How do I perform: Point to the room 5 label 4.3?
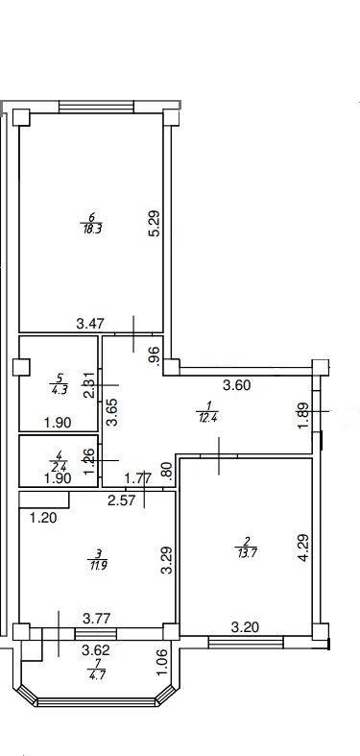click(x=59, y=390)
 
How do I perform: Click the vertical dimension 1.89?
click(x=304, y=416)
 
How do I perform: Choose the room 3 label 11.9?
click(x=98, y=559)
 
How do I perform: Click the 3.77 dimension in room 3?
click(x=95, y=619)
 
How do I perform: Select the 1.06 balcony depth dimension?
click(x=161, y=664)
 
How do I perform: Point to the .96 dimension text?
click(x=152, y=354)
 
